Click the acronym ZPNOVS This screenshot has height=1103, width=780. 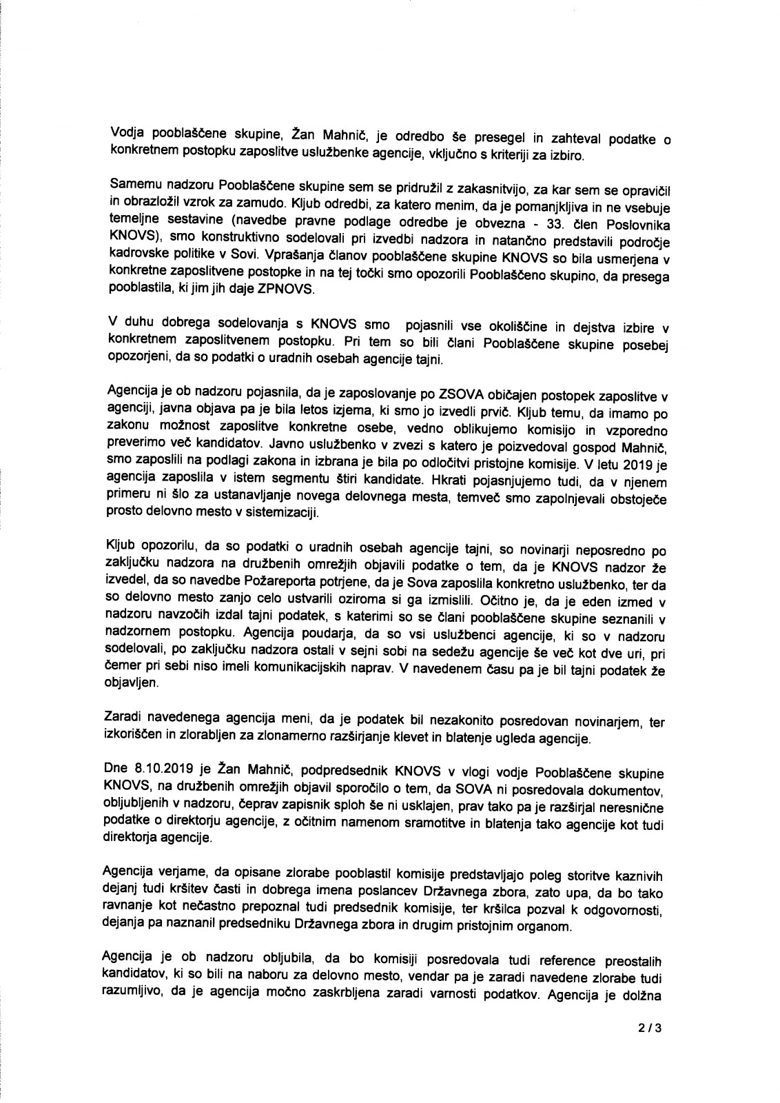(x=289, y=290)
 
